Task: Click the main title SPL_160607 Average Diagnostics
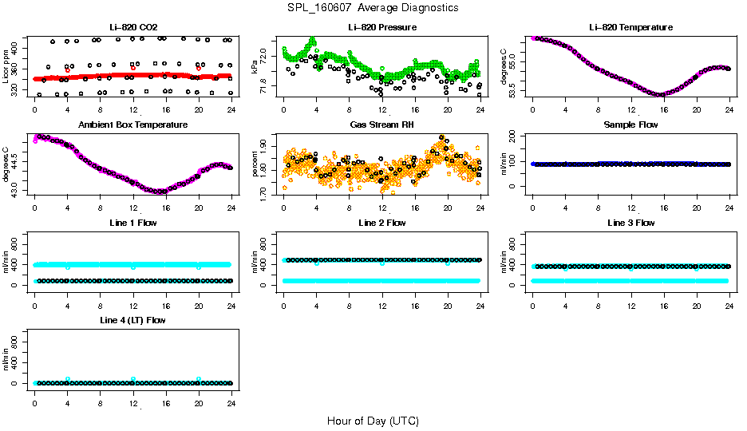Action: (x=373, y=7)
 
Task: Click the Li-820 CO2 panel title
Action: (x=132, y=27)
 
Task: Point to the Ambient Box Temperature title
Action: (x=132, y=125)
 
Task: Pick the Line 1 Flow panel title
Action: (x=132, y=223)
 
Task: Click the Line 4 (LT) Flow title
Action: (x=132, y=320)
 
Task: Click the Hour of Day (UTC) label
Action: (x=373, y=421)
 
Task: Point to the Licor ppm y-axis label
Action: (x=7, y=66)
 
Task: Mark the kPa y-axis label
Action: (x=255, y=67)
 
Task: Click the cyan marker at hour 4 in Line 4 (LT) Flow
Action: (x=68, y=379)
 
